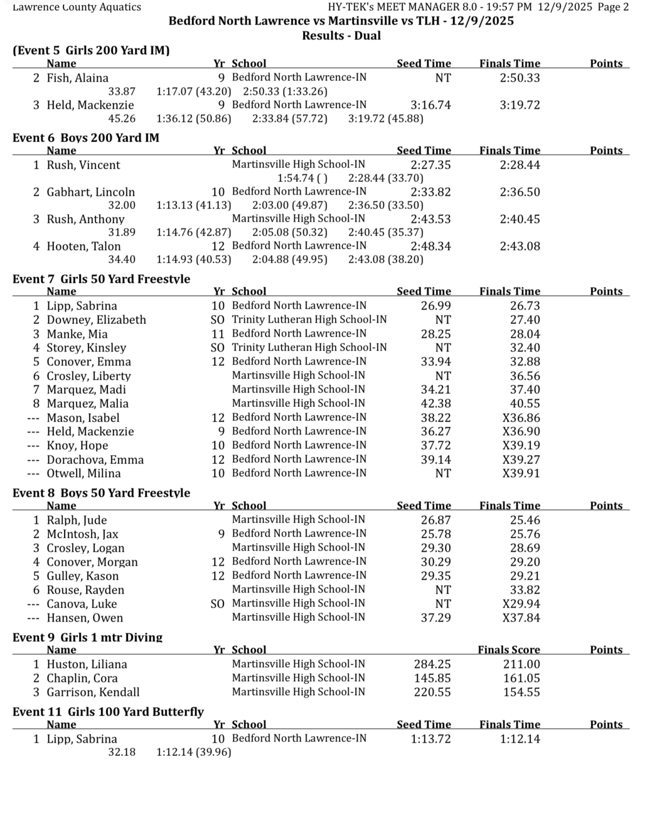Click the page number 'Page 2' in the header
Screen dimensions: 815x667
pos(613,7)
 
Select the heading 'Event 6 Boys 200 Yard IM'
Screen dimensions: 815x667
pos(86,138)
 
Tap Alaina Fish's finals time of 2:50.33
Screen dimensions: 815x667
pos(520,78)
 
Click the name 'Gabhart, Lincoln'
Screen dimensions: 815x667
pos(91,192)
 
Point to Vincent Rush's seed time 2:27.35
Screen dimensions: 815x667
pos(430,165)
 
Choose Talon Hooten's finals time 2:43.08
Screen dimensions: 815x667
pos(520,246)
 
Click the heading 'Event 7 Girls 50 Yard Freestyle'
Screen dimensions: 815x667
pos(101,279)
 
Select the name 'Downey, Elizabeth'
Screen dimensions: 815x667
pos(96,320)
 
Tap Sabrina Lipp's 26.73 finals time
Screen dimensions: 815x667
pos(524,306)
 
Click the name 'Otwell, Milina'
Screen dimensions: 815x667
pos(84,473)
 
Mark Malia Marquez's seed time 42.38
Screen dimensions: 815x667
pos(435,404)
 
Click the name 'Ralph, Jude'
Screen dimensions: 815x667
pos(76,520)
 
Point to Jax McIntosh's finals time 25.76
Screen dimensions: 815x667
pos(524,534)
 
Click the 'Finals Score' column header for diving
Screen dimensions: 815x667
pos(509,650)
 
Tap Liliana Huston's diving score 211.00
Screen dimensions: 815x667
pos(521,664)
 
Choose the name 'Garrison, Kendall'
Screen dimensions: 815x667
pos(93,692)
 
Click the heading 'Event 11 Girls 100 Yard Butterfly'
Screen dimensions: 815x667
pos(108,712)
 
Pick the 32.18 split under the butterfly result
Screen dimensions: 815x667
pos(121,753)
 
